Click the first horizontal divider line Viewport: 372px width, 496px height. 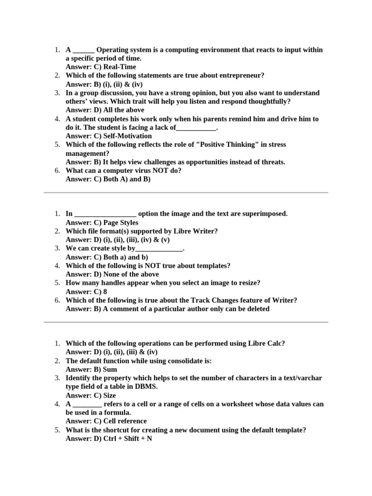pyautogui.click(x=186, y=193)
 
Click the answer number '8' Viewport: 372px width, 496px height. pyautogui.click(x=105, y=292)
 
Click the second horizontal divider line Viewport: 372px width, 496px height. pyautogui.click(x=186, y=322)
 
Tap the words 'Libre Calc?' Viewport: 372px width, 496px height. pyautogui.click(x=266, y=343)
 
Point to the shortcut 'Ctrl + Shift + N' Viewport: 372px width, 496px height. pyautogui.click(x=128, y=438)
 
